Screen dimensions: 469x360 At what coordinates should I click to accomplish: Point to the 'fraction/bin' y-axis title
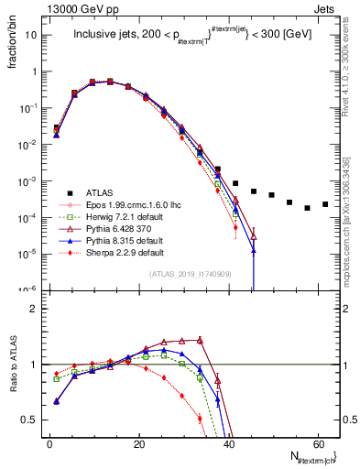tap(14, 47)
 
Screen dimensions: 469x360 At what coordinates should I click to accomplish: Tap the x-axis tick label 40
tap(228, 442)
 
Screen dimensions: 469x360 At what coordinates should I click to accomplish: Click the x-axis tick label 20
tap(138, 442)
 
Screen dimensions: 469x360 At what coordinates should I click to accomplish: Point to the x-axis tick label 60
tap(317, 442)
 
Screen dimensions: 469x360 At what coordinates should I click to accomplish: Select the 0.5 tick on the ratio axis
tap(32, 420)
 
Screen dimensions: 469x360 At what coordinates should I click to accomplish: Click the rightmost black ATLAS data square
tap(325, 204)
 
